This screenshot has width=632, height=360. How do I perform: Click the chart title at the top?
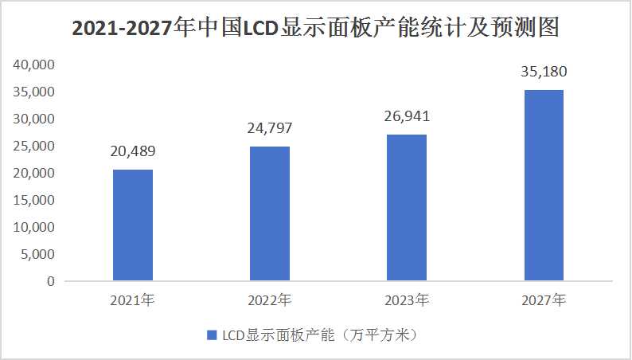pyautogui.click(x=316, y=29)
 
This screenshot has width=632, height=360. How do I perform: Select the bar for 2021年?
pyautogui.click(x=133, y=225)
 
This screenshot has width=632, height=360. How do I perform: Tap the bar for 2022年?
pyautogui.click(x=270, y=213)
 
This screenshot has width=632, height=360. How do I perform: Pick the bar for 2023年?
pyautogui.click(x=407, y=207)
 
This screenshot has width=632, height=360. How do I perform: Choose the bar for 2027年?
pyautogui.click(x=544, y=185)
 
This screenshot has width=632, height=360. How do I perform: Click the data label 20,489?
pyautogui.click(x=133, y=151)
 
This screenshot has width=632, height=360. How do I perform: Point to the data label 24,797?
pyautogui.click(x=270, y=128)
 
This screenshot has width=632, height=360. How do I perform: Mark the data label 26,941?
pyautogui.click(x=407, y=117)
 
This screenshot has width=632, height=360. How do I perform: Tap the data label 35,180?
pyautogui.click(x=544, y=72)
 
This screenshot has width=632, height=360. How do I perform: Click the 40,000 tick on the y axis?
pyautogui.click(x=36, y=65)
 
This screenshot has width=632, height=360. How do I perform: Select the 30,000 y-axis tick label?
pyautogui.click(x=36, y=119)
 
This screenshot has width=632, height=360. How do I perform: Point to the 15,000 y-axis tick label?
pyautogui.click(x=36, y=200)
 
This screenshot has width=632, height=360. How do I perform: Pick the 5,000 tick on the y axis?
pyautogui.click(x=39, y=254)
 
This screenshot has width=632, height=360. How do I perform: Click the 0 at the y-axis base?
pyautogui.click(x=50, y=281)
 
